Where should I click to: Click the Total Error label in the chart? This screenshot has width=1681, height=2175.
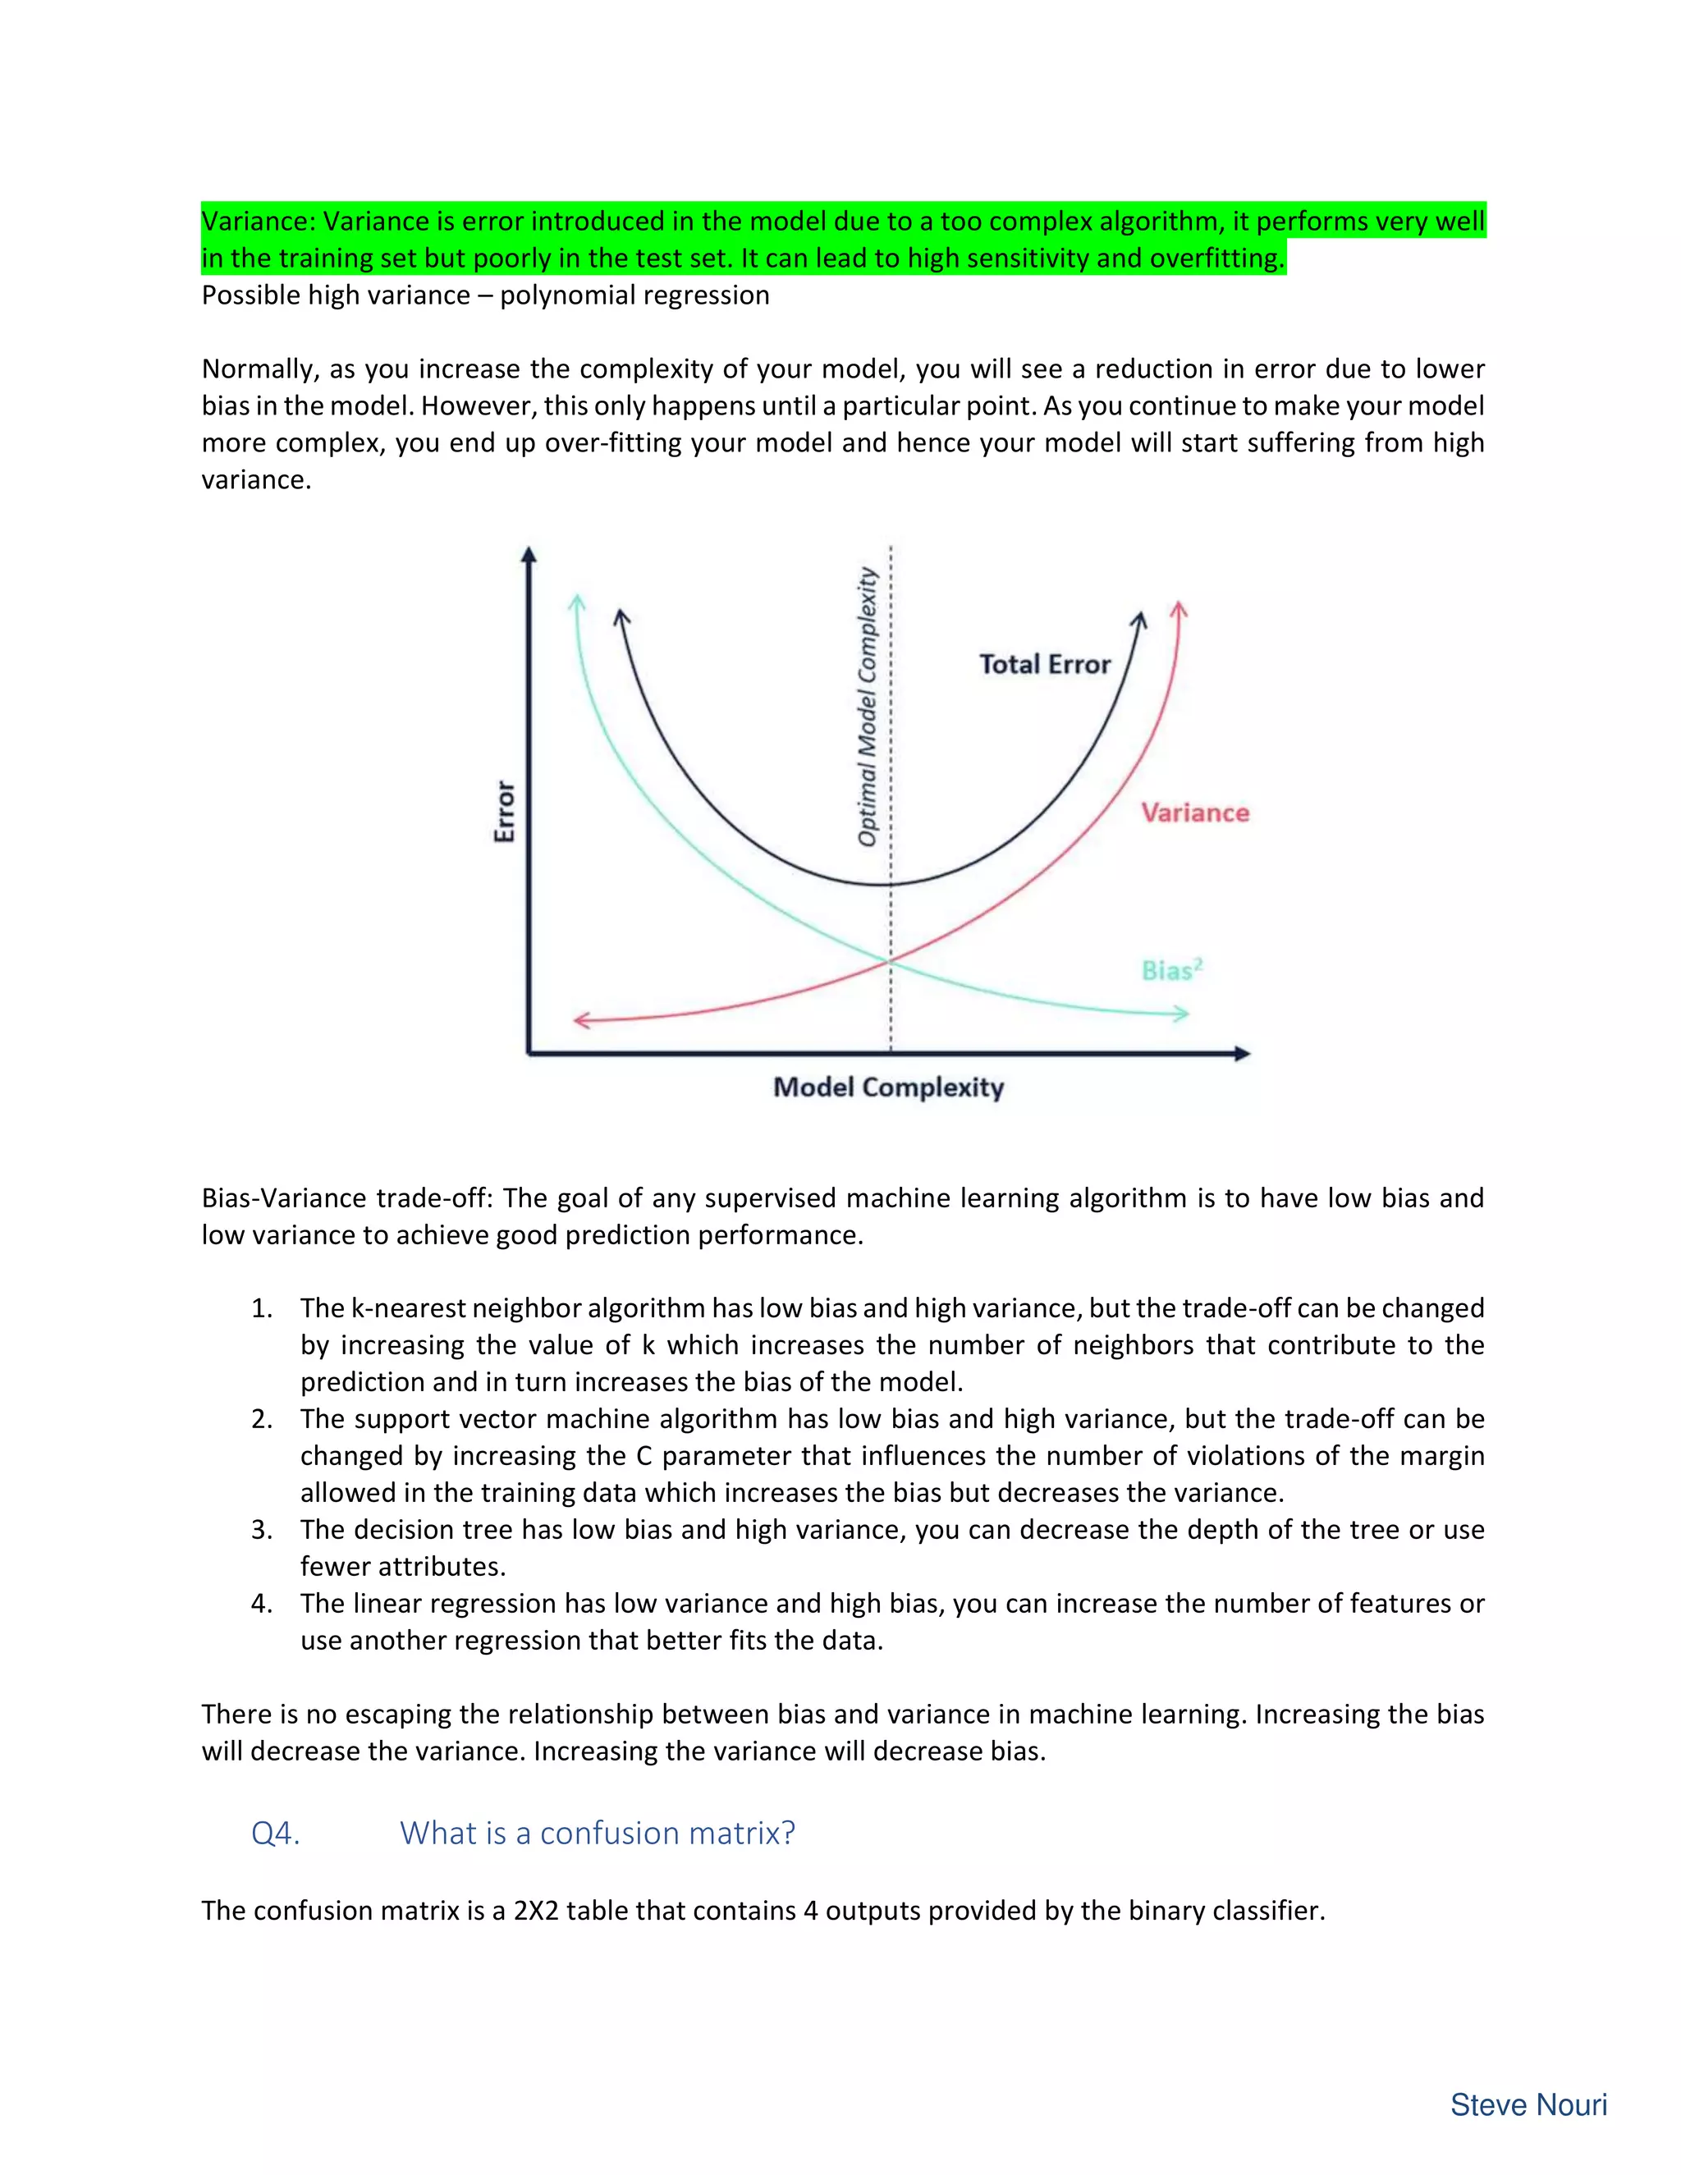click(1044, 664)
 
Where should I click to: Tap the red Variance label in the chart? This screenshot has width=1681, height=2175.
click(1194, 813)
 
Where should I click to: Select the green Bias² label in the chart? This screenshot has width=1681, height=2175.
click(1171, 970)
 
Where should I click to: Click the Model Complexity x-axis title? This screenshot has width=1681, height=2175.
click(888, 1087)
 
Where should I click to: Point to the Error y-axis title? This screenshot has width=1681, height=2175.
click(505, 812)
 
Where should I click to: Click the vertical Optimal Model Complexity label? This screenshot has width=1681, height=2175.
click(868, 707)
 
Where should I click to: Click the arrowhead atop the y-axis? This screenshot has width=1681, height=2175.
click(529, 554)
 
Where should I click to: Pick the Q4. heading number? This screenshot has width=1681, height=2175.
click(276, 1834)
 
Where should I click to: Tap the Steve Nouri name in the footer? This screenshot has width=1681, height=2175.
click(1528, 2104)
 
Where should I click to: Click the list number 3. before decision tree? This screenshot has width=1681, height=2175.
click(262, 1530)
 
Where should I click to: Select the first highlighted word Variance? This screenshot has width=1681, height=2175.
click(257, 221)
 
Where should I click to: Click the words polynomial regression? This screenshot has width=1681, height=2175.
click(634, 295)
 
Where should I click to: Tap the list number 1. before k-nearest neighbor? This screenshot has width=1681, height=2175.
click(262, 1308)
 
